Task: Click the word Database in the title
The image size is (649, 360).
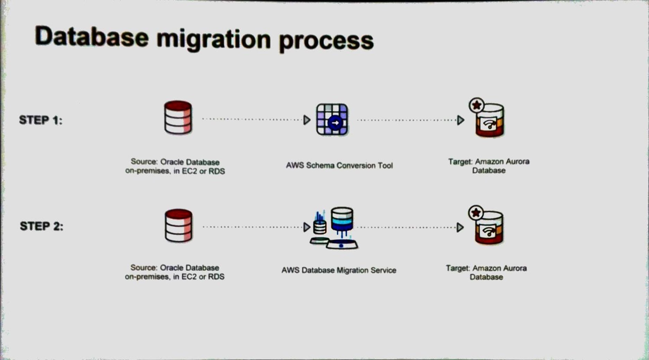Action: [92, 37]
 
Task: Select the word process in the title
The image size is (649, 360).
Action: [326, 41]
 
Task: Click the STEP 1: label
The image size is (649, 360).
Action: [41, 120]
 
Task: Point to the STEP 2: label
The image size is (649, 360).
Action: [42, 226]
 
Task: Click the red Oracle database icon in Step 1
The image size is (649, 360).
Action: [178, 118]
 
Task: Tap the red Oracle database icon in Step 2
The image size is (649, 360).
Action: [179, 226]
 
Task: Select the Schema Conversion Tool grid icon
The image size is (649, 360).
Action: [332, 119]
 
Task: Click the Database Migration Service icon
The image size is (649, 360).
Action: [335, 228]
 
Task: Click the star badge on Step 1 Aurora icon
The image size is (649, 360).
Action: [477, 105]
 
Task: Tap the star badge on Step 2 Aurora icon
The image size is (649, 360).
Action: [476, 213]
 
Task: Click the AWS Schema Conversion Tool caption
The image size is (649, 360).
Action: [339, 165]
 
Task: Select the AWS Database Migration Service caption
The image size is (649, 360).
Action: [339, 270]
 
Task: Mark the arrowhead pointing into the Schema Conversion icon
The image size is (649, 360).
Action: [307, 120]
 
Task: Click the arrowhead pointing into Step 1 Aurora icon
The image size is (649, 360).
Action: [461, 120]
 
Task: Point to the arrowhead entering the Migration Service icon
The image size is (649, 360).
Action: [306, 227]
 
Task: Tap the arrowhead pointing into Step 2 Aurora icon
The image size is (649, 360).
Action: [460, 227]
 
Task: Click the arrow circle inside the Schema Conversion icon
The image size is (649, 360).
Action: [335, 123]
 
